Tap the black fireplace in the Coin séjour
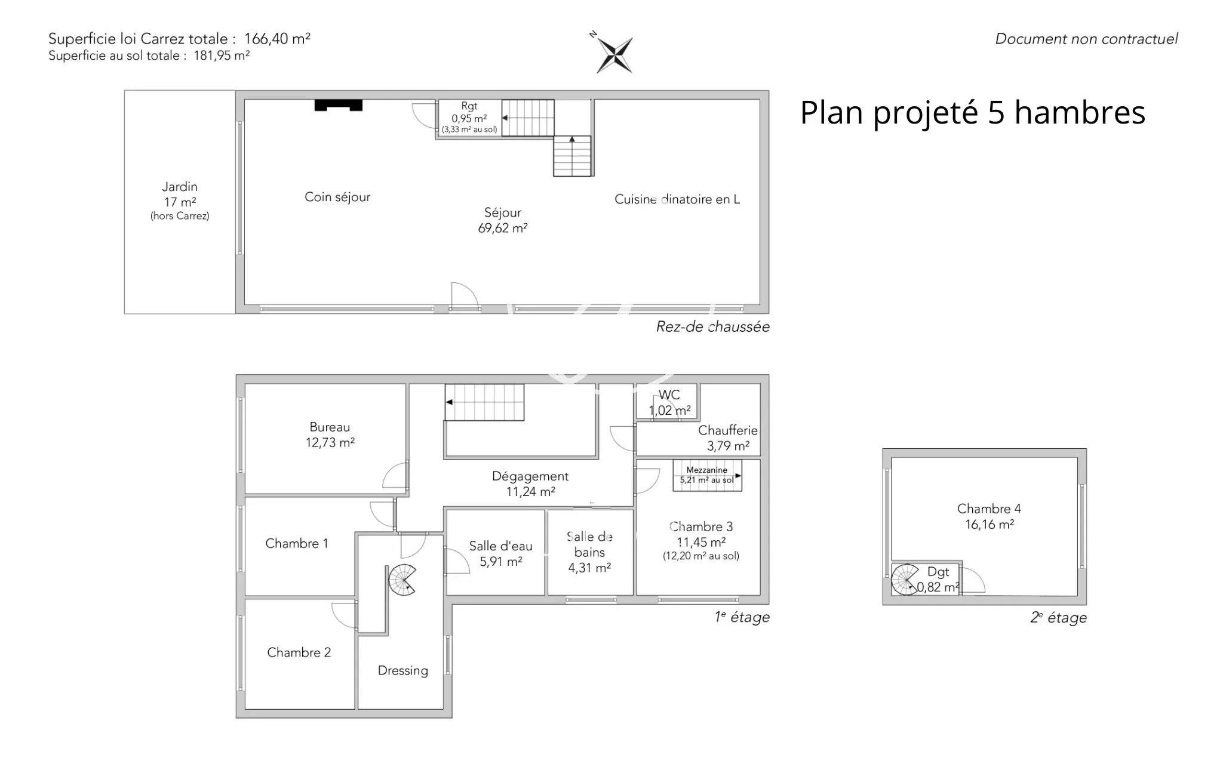pyautogui.click(x=339, y=106)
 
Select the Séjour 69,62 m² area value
pyautogui.click(x=503, y=228)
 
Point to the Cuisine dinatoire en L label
pyautogui.click(x=677, y=199)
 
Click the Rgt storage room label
pyautogui.click(x=469, y=106)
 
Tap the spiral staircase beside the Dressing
pyautogui.click(x=402, y=580)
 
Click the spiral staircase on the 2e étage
pyautogui.click(x=905, y=580)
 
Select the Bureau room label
pyautogui.click(x=330, y=427)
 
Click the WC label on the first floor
pyautogui.click(x=669, y=395)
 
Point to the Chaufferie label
pyautogui.click(x=728, y=430)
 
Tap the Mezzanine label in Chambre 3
pyautogui.click(x=707, y=470)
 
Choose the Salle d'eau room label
pyautogui.click(x=500, y=546)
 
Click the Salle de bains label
pyautogui.click(x=589, y=544)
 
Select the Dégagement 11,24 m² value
pyautogui.click(x=531, y=492)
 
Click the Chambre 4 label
pyautogui.click(x=989, y=509)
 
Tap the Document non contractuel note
pyautogui.click(x=1086, y=39)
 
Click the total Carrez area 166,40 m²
pyautogui.click(x=277, y=39)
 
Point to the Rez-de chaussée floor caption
pyautogui.click(x=713, y=326)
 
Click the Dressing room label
pyautogui.click(x=403, y=671)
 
